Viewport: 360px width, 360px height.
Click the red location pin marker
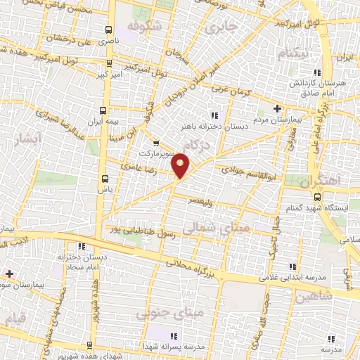181,165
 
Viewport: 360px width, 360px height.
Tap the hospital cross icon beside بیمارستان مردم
278,108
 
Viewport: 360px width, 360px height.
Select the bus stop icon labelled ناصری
108,30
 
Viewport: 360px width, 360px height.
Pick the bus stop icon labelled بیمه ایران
104,110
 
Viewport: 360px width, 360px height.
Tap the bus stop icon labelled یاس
105,178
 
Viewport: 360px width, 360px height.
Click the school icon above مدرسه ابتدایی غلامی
294,266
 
